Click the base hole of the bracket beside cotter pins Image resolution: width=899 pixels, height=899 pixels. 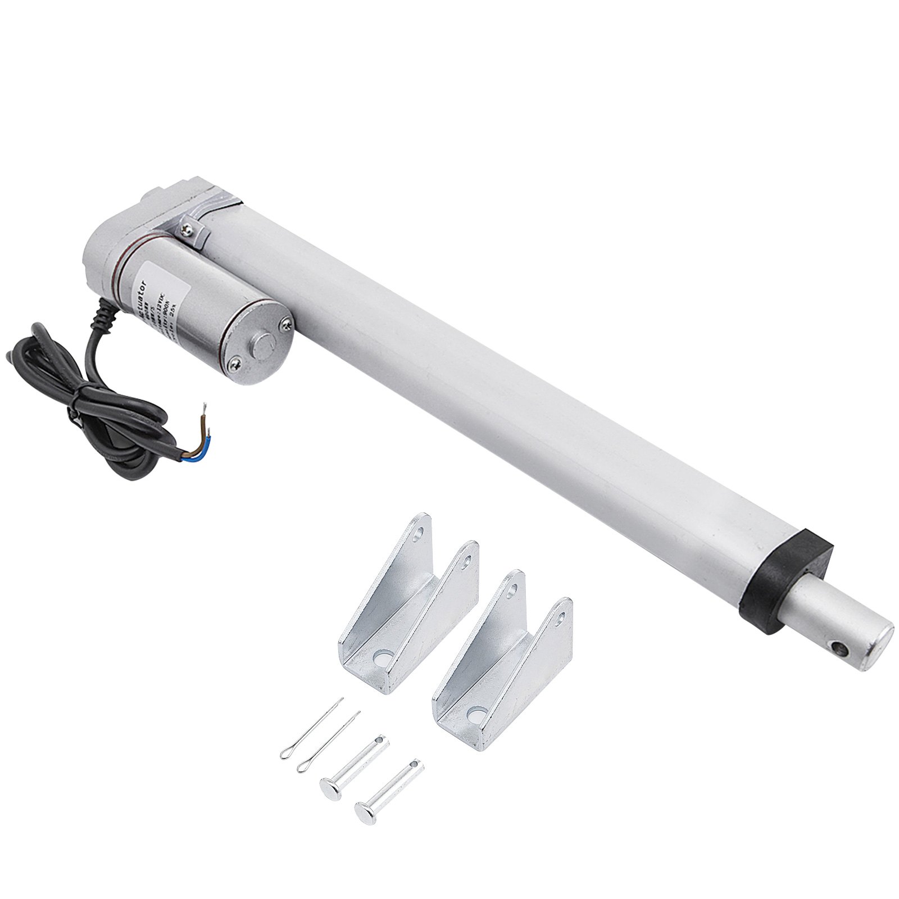pos(383,656)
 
